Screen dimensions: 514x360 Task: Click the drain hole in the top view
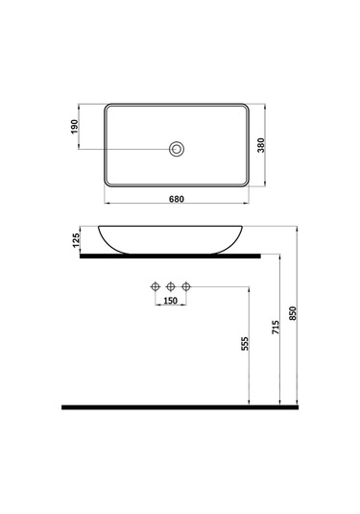coord(176,148)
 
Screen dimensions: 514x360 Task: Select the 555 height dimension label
coord(246,345)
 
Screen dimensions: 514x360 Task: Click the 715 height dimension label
coord(277,327)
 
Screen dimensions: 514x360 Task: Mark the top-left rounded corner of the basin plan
coord(108,106)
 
